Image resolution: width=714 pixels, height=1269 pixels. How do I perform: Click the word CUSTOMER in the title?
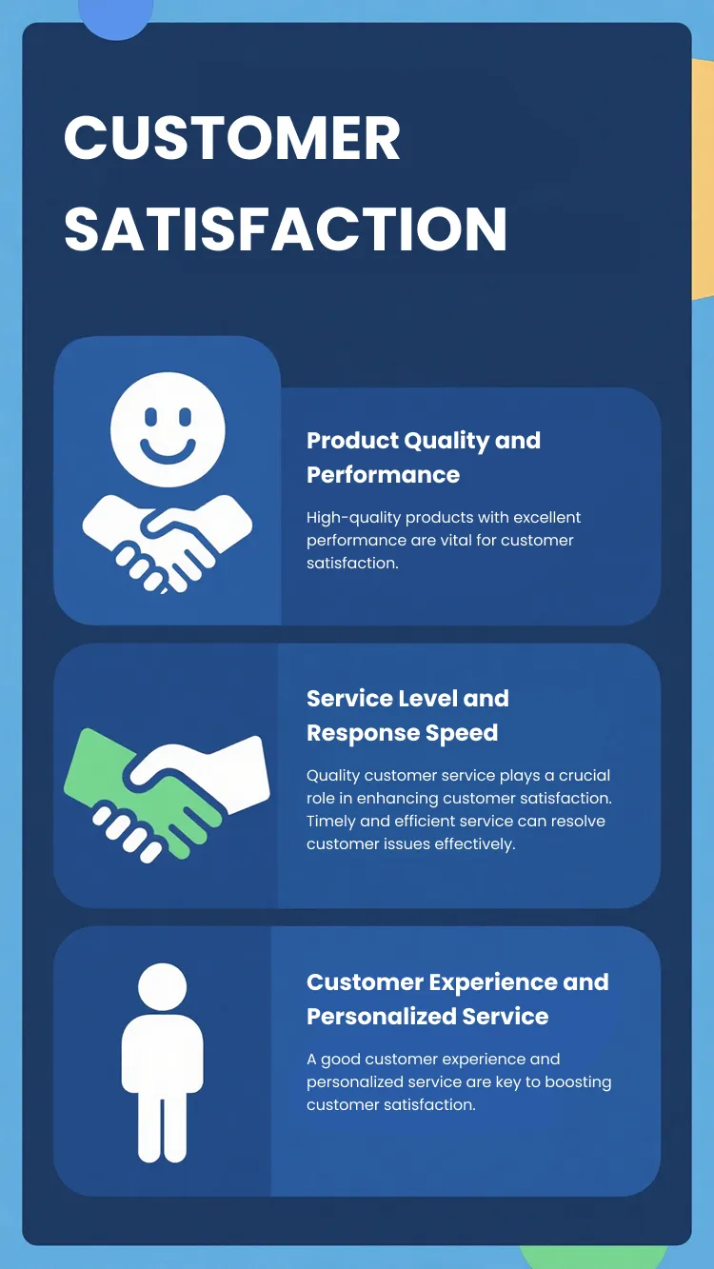point(232,139)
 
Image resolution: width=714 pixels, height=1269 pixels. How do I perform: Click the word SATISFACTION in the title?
point(286,229)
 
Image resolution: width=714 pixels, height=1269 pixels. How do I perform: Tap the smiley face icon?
point(168,429)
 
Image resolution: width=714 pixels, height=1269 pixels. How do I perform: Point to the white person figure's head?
point(162,987)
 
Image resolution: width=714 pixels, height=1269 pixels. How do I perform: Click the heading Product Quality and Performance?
point(423,457)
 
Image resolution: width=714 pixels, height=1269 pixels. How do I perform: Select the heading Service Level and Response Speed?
point(407,715)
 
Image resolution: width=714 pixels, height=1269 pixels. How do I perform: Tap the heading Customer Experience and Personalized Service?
point(457,999)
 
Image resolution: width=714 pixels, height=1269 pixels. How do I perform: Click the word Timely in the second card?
point(330,821)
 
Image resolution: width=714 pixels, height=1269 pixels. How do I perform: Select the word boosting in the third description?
point(580,1081)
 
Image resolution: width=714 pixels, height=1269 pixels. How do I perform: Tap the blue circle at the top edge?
point(115,16)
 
